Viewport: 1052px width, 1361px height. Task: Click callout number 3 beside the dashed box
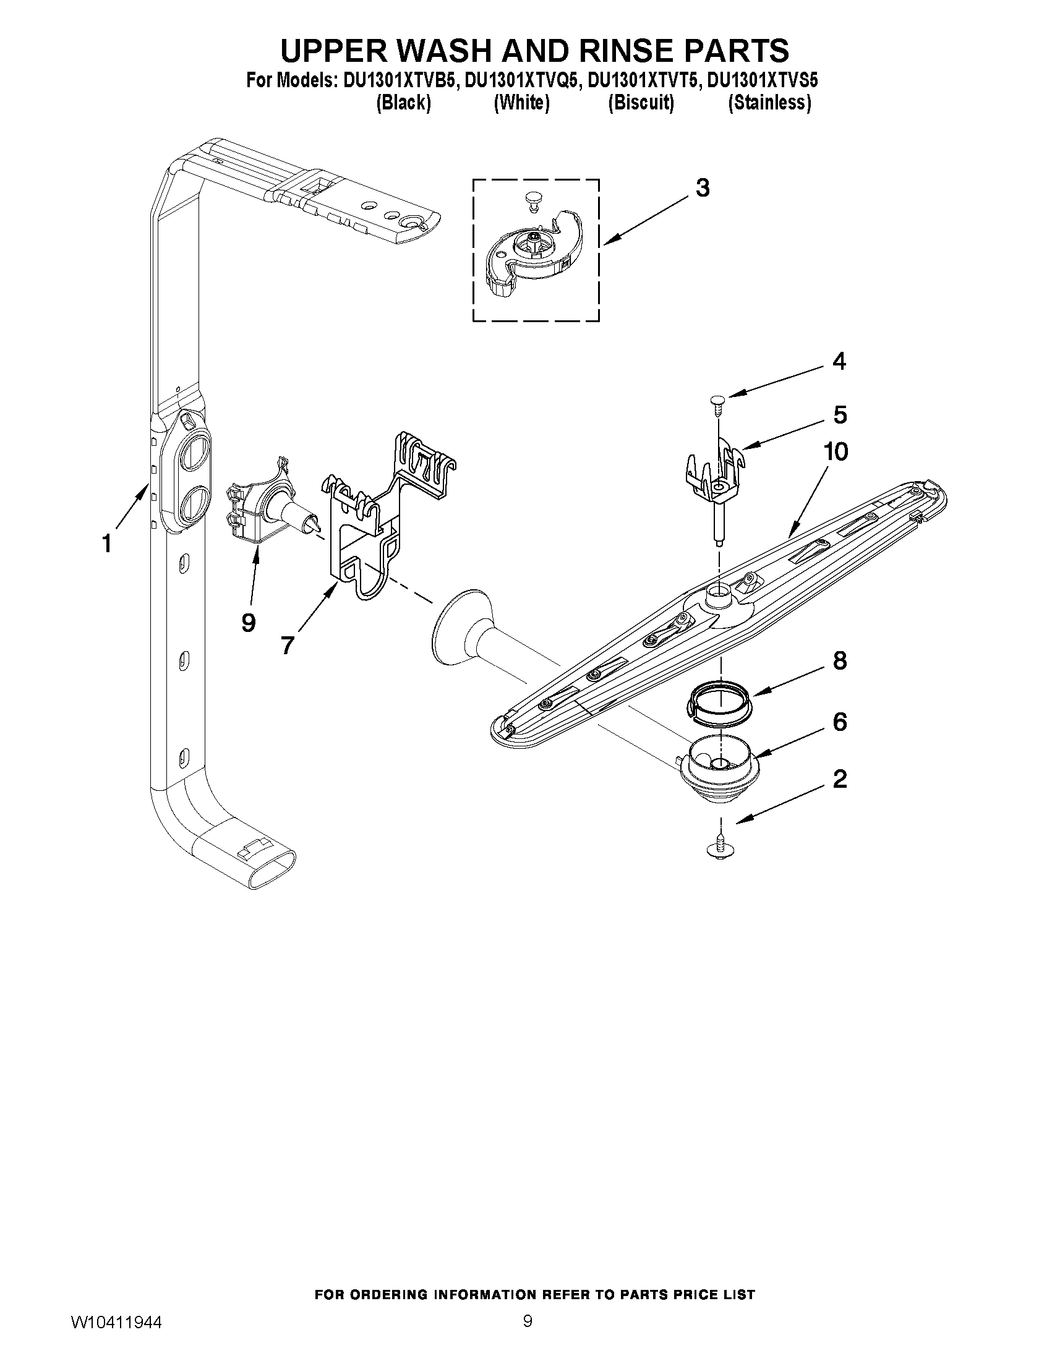[x=703, y=187]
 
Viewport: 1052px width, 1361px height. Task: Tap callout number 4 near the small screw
[x=839, y=362]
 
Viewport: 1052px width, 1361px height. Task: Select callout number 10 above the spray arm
[x=836, y=452]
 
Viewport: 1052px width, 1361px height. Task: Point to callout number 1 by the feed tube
[x=106, y=544]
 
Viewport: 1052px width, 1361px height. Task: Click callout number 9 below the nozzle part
[x=248, y=622]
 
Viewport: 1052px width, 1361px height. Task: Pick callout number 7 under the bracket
[x=287, y=645]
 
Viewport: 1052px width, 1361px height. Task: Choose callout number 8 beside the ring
[x=839, y=660]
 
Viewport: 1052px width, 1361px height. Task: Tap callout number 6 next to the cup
[x=839, y=722]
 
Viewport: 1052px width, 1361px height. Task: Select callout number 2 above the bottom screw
[x=839, y=779]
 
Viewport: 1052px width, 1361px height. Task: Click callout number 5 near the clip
[x=839, y=414]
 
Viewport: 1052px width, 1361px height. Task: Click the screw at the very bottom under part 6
[x=721, y=848]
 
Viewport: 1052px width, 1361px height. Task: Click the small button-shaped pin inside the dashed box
[x=531, y=198]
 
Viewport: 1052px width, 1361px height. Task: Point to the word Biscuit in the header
[x=641, y=103]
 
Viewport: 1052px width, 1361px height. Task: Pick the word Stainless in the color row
[x=770, y=103]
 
